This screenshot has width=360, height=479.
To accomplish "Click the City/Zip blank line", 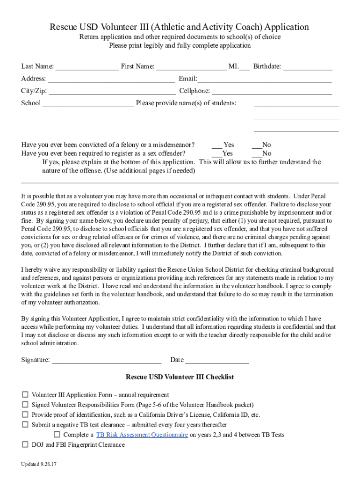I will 112,92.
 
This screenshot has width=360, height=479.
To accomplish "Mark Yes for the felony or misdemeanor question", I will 217,145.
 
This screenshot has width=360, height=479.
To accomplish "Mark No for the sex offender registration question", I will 256,154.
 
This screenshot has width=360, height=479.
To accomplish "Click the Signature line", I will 107,361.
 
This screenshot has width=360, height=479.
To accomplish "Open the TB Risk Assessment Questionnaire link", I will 142,435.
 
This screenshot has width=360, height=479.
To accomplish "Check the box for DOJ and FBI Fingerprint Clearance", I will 25,445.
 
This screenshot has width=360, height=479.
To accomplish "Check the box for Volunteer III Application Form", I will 25,395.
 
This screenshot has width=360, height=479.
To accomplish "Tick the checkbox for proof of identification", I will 25,415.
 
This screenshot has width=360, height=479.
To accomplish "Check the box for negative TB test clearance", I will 25,425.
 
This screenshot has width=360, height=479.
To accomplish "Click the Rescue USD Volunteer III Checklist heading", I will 180,377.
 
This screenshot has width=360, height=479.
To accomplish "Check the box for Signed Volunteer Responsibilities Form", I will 25,405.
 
